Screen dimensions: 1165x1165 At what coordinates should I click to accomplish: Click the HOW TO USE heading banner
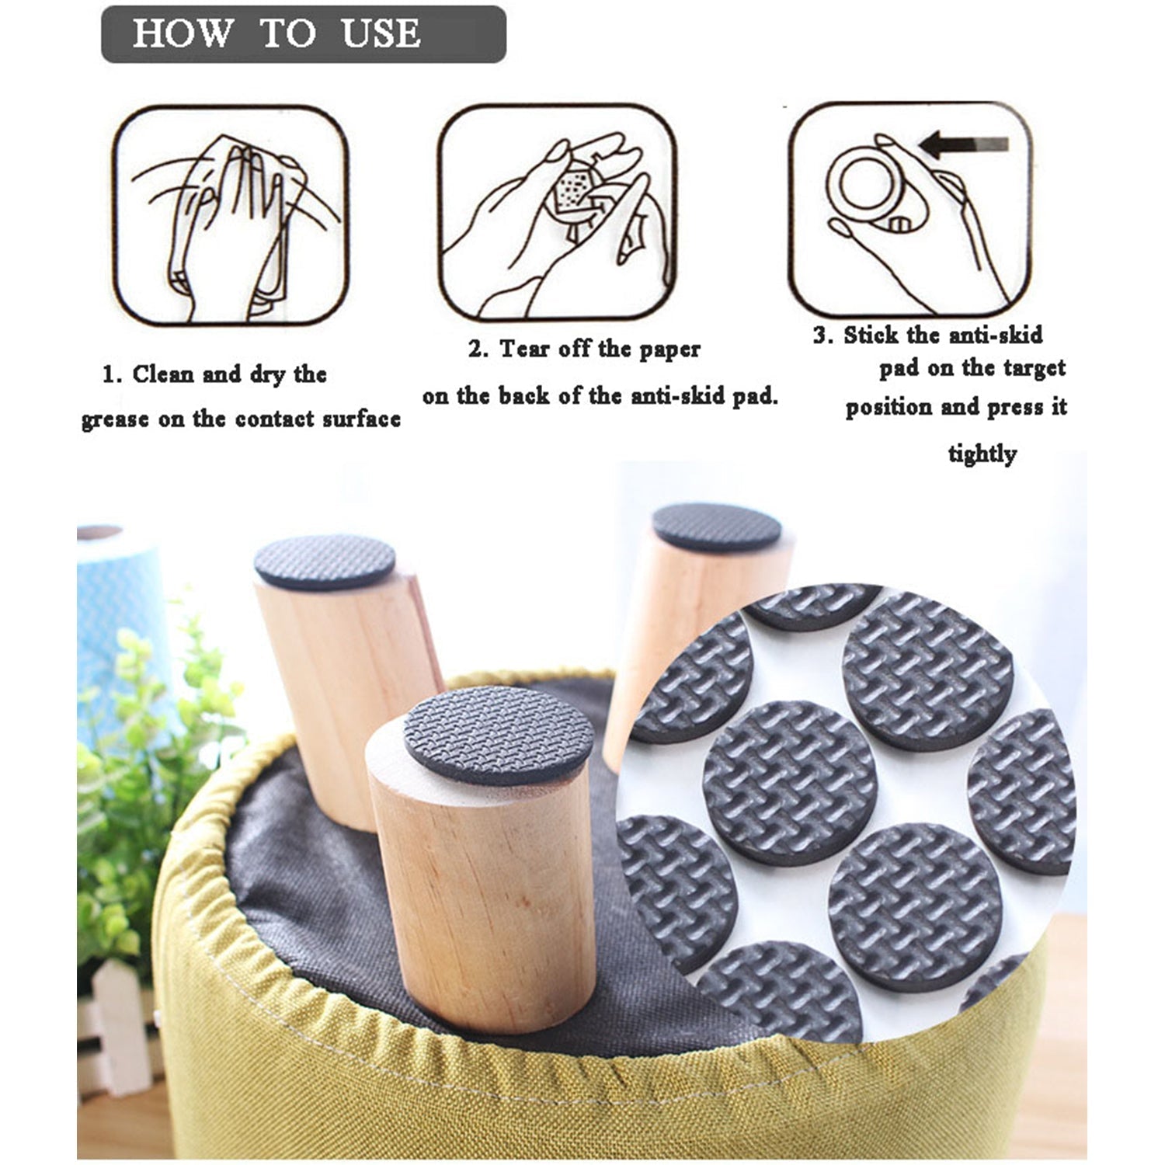(x=303, y=34)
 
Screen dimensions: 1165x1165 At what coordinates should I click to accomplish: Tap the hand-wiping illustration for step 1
(x=231, y=216)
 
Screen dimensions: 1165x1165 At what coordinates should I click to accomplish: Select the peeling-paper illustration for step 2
(x=556, y=213)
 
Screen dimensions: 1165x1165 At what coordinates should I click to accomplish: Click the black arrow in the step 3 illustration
(x=963, y=144)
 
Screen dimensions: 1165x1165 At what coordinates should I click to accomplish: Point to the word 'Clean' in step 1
(x=163, y=374)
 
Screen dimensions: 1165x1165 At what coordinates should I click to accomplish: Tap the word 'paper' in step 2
(x=669, y=349)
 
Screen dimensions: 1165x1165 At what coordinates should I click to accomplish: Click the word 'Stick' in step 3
(x=871, y=336)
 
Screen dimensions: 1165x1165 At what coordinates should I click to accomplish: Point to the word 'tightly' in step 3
(x=982, y=454)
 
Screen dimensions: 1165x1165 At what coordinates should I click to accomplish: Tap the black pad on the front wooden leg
(x=498, y=734)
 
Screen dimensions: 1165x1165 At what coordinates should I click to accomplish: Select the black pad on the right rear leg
(x=716, y=527)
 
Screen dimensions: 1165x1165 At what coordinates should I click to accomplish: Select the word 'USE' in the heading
(x=381, y=34)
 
